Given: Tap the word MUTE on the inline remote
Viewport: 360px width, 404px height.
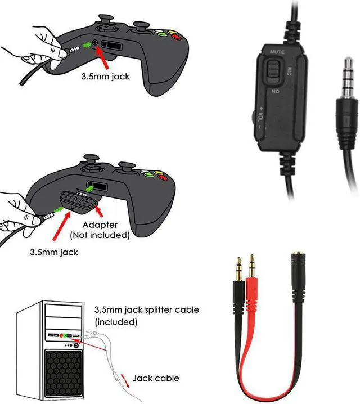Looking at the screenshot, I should (276, 51).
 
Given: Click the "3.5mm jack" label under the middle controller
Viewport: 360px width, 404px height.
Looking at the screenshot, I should (54, 252).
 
